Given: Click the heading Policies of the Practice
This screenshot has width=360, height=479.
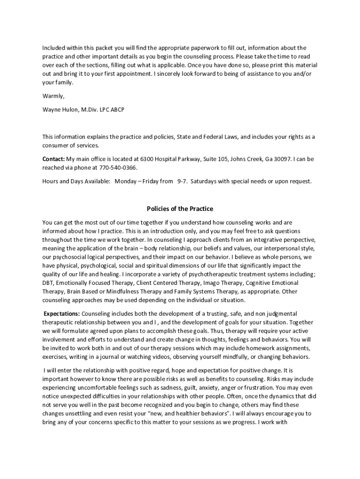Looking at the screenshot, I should tap(180, 209).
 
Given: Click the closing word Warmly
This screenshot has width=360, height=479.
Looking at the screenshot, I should tap(53, 96).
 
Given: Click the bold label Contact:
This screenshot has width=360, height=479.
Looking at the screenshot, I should tap(53, 159).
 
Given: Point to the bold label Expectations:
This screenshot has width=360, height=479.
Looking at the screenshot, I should tap(61, 313).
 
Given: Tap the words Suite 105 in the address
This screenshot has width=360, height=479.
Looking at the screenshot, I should tap(214, 159).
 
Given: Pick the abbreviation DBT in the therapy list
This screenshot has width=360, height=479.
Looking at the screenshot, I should tap(48, 283).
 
